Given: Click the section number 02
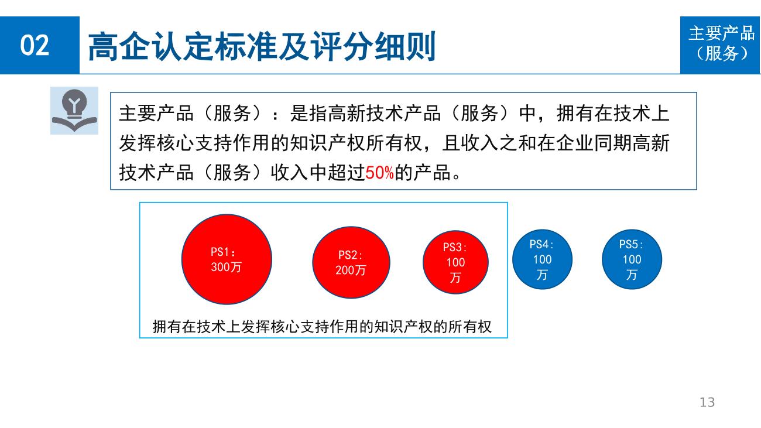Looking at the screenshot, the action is point(35,45).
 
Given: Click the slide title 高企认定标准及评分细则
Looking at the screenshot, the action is point(262,46).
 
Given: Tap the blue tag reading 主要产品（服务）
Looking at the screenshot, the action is point(720,45).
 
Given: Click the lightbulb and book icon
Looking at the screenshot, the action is point(74,111).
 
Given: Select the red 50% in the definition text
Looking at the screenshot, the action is point(379,173).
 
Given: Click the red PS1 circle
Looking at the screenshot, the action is point(227,259).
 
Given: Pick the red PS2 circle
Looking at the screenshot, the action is point(351,262).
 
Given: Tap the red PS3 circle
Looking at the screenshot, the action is point(455,262).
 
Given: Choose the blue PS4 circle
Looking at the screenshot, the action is point(542,259).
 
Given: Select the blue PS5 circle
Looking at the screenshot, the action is point(632,259).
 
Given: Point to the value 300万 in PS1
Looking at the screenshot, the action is point(226,267).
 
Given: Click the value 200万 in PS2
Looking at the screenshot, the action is point(351,271).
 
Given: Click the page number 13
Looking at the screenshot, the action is point(707,402).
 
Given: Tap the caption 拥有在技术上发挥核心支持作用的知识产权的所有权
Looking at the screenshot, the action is point(322,327).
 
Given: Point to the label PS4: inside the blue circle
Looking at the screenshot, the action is point(541,244).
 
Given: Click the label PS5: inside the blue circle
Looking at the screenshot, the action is point(631,244).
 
